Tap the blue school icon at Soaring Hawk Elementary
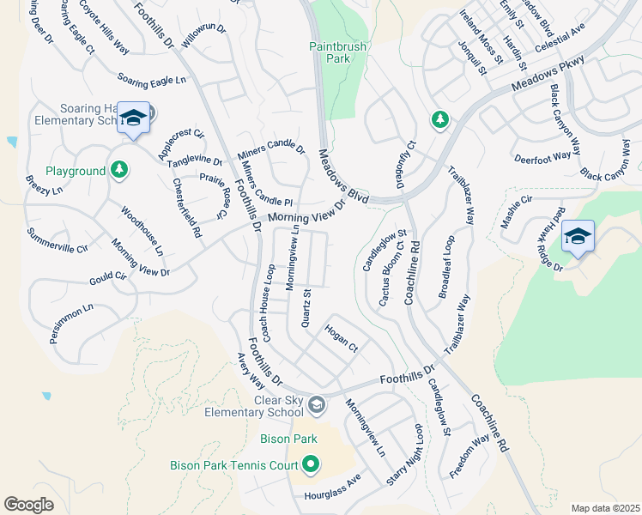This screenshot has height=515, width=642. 133,118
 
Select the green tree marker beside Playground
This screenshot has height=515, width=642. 119,170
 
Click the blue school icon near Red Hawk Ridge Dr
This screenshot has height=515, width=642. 578,236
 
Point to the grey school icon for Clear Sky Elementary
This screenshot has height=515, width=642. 316,405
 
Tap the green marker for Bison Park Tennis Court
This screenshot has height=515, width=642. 311,466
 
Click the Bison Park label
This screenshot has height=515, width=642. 288,439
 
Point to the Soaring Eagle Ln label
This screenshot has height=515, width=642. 152,79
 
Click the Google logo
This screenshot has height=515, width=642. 29,505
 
